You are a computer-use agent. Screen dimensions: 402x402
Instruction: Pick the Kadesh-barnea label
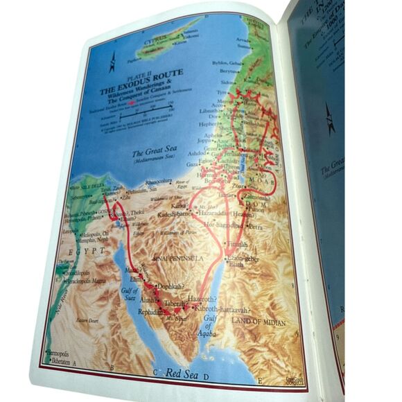pyautogui.click(x=182, y=215)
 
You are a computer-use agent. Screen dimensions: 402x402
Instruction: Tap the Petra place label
pyautogui.click(x=256, y=226)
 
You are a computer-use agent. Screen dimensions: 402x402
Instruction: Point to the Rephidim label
pyautogui.click(x=149, y=313)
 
